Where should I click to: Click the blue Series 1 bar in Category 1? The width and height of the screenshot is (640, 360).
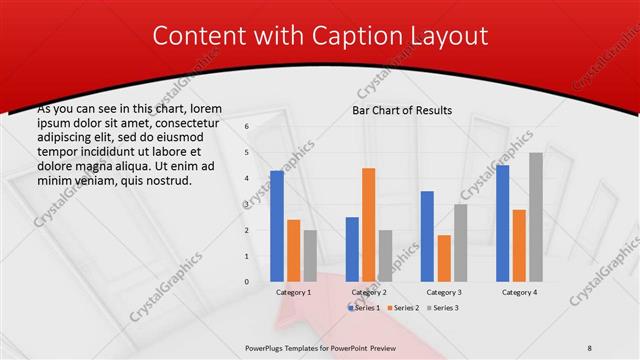(277, 226)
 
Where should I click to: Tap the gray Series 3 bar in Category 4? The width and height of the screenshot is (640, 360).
(536, 217)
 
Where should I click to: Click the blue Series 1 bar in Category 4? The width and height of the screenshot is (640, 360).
(502, 223)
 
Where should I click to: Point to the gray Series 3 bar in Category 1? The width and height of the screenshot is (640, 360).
(310, 256)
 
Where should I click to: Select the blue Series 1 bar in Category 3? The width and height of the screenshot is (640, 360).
(427, 236)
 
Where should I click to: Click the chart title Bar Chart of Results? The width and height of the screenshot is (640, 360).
(402, 110)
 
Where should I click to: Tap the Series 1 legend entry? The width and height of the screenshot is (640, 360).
(364, 308)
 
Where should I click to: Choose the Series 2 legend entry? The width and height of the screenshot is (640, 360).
(402, 308)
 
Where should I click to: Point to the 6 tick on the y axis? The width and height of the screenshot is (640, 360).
(248, 126)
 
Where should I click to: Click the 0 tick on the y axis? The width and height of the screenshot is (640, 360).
(248, 282)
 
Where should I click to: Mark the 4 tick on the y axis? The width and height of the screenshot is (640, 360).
(248, 178)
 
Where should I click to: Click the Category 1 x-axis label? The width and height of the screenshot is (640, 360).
(293, 292)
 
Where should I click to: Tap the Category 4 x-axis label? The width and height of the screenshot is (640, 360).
(518, 292)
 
